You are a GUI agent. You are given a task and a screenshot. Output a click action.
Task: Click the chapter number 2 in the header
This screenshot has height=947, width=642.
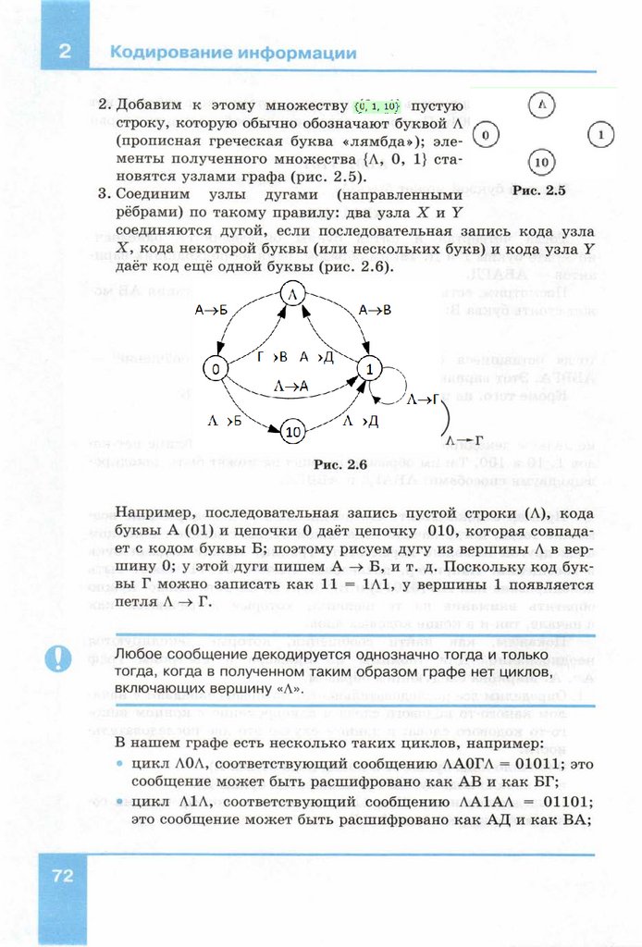click(64, 52)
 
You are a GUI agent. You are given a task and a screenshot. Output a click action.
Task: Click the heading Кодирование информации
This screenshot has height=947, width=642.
click(232, 53)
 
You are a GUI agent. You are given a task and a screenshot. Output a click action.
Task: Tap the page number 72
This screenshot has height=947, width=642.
click(63, 875)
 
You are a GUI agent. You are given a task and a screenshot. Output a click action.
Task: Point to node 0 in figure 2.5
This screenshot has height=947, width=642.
click(485, 135)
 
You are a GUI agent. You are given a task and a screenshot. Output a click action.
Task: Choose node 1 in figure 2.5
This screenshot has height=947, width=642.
click(600, 135)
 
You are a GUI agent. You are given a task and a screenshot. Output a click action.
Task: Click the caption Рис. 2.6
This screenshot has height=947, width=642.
click(340, 464)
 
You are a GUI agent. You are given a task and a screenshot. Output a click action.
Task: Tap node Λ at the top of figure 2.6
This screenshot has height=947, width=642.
click(292, 294)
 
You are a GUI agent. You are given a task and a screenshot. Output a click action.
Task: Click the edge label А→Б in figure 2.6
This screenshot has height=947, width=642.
click(211, 312)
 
